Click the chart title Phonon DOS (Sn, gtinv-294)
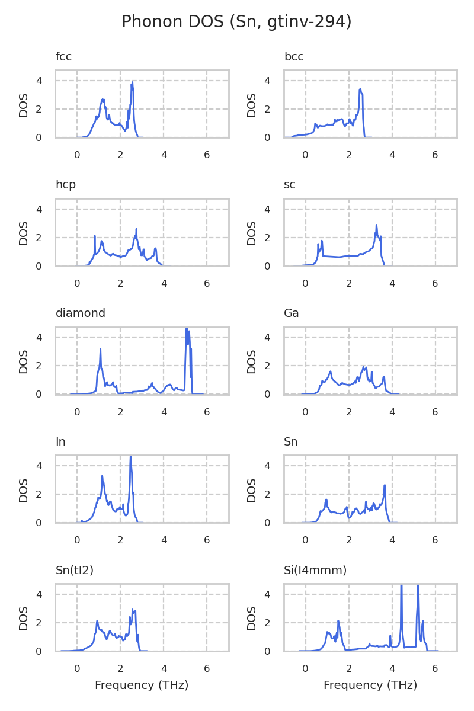click(236, 22)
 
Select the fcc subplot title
click(63, 57)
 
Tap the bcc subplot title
click(294, 57)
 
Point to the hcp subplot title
click(65, 185)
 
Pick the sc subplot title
click(290, 185)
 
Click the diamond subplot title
click(80, 313)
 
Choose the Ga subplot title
click(292, 313)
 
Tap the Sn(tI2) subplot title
click(75, 571)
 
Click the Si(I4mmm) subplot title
click(315, 571)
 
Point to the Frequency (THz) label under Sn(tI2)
click(142, 686)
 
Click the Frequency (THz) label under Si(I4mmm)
click(370, 686)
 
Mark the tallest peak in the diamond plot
click(187, 329)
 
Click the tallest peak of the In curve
click(130, 457)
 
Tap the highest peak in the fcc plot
click(133, 82)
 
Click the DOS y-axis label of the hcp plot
click(24, 233)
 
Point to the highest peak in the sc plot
click(376, 225)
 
